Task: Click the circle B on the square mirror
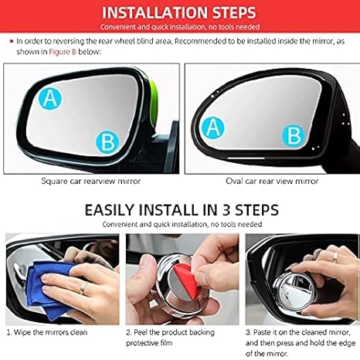pyautogui.click(x=108, y=141)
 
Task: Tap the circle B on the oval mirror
pyautogui.click(x=295, y=136)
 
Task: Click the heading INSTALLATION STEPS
pyautogui.click(x=180, y=13)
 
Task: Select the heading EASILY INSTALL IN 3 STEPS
pyautogui.click(x=180, y=209)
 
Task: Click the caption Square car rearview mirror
pyautogui.click(x=91, y=181)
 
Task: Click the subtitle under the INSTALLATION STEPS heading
pyautogui.click(x=180, y=26)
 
